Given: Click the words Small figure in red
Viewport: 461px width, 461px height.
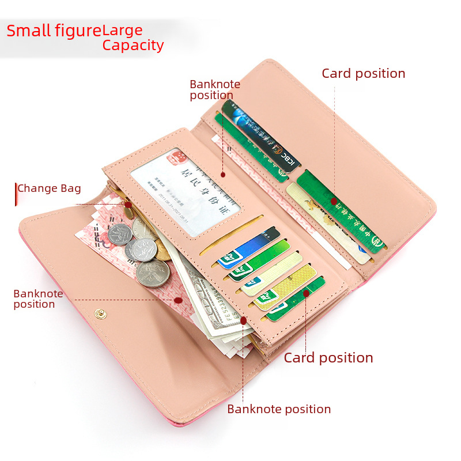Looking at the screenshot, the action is coord(54,30).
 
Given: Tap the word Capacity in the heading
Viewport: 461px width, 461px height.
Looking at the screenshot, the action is coord(133,46).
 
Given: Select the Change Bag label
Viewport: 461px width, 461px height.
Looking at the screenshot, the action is coord(49,188).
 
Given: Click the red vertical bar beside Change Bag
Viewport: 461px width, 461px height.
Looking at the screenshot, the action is coord(16,194).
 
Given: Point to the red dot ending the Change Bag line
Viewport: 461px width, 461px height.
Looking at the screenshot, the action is coord(128,204).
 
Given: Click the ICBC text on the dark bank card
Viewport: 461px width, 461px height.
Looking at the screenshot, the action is coord(286,157).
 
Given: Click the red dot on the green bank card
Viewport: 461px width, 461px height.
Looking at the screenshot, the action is coord(334,201).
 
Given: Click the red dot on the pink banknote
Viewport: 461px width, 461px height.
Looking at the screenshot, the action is coord(179,300).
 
